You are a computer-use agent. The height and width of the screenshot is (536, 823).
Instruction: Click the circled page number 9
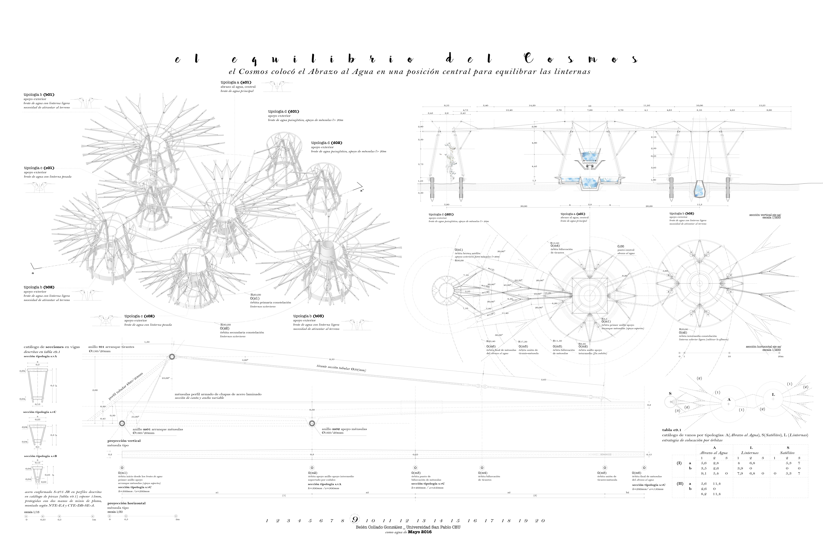pos(355,520)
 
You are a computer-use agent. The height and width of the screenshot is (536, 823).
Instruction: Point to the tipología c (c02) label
pos(139,316)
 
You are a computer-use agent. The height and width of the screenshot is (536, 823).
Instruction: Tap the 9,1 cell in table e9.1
pos(703,473)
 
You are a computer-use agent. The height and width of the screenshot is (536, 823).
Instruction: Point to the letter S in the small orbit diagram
pos(670,393)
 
